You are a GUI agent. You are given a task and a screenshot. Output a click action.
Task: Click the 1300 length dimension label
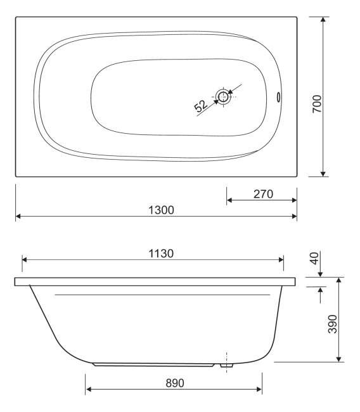(161, 210)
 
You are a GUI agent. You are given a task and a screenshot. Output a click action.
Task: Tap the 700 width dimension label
(317, 104)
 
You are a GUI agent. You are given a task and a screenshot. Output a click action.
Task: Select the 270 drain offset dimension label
(263, 194)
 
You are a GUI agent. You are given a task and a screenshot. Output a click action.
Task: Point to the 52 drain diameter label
(200, 106)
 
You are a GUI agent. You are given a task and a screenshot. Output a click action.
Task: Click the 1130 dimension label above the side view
(161, 254)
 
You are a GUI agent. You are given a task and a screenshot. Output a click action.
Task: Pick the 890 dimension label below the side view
(175, 383)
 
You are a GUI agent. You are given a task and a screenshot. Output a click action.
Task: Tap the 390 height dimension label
(333, 324)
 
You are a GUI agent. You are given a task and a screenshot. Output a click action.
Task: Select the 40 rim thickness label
(314, 258)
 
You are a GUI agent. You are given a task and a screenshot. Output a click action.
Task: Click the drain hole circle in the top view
(223, 96)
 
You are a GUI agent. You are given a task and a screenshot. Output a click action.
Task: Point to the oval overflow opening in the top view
(278, 97)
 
